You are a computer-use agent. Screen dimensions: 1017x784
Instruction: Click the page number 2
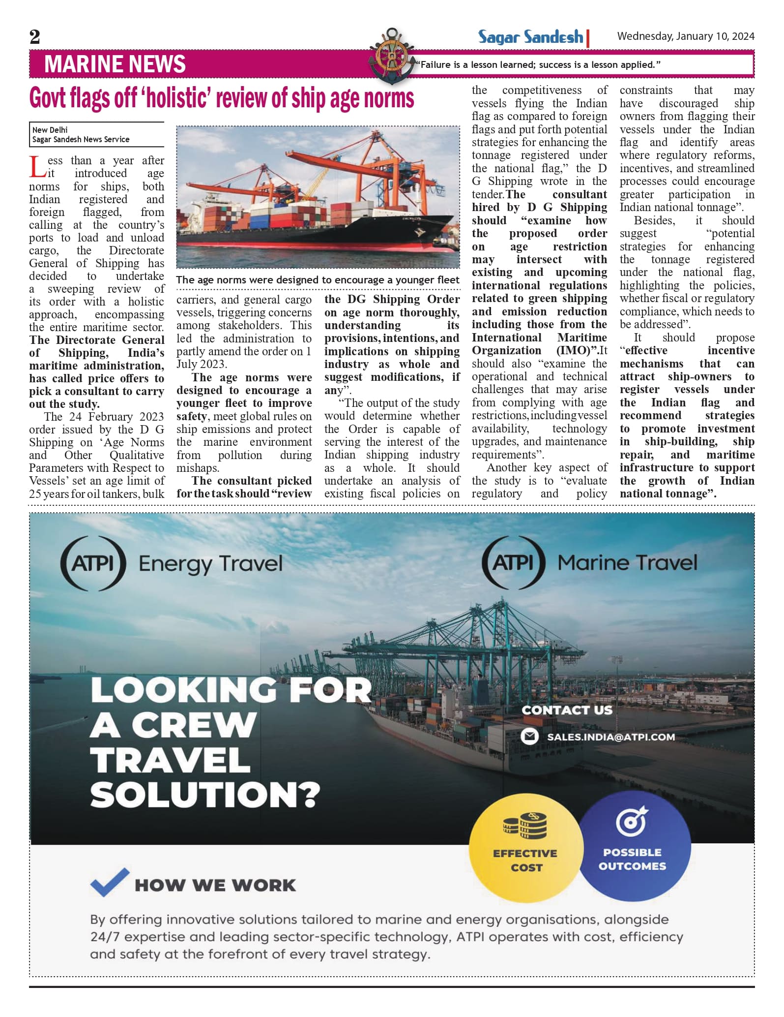point(34,37)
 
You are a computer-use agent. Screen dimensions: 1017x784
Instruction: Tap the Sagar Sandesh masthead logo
point(531,37)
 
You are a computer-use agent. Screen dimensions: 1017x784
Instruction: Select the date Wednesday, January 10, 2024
point(686,36)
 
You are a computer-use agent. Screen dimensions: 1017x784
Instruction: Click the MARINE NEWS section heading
point(115,64)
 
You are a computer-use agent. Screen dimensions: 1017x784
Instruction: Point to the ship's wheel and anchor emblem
point(391,55)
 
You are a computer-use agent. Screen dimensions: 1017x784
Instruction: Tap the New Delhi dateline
point(50,130)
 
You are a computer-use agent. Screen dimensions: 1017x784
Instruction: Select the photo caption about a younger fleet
point(318,280)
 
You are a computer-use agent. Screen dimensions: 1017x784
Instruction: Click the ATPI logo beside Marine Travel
point(514,562)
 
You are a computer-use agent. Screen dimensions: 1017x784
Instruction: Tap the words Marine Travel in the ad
point(627,563)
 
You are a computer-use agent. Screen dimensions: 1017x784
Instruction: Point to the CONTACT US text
point(567,710)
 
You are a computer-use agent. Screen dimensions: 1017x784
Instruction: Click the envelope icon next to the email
point(529,737)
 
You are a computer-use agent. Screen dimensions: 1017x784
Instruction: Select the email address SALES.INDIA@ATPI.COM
point(611,737)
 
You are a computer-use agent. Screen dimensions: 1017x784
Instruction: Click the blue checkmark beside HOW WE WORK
point(109,881)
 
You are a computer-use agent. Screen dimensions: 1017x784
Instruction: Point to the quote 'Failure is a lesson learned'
point(538,64)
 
